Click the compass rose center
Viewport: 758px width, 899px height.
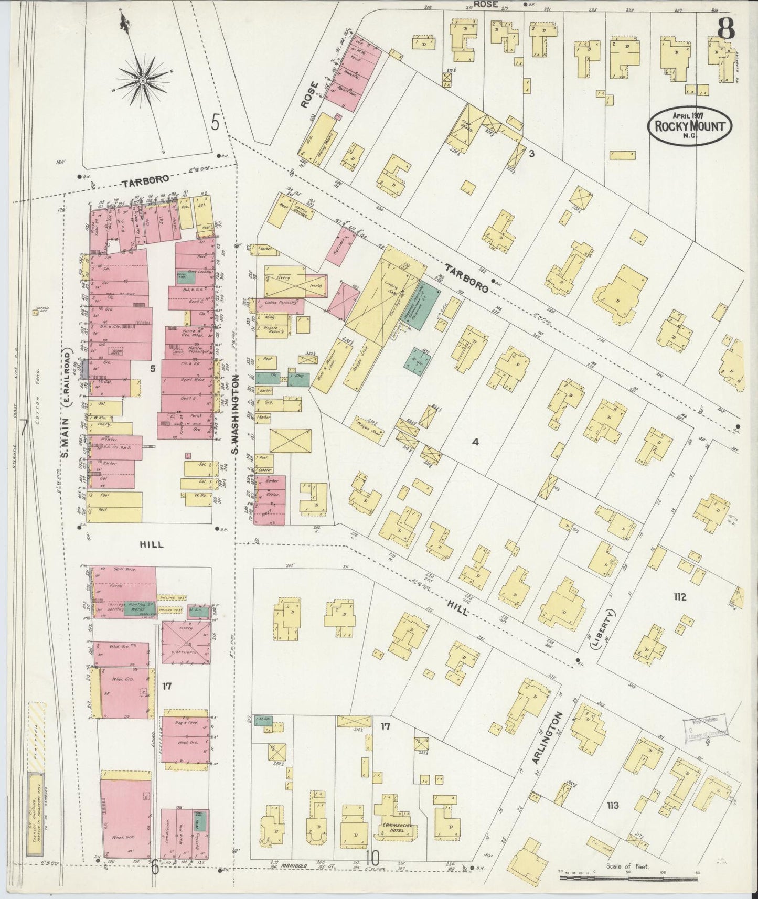(142, 80)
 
